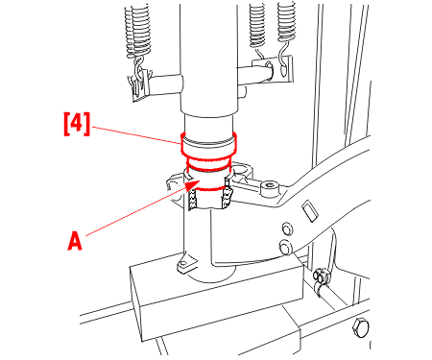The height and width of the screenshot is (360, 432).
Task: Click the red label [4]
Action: click(77, 124)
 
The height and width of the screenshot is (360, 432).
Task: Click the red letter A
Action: click(75, 241)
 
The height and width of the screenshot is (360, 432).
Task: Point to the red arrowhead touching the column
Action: click(193, 184)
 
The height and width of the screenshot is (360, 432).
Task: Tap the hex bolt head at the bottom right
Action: click(360, 327)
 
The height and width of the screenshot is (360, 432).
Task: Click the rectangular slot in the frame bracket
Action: click(310, 210)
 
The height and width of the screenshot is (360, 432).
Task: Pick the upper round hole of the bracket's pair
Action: click(287, 228)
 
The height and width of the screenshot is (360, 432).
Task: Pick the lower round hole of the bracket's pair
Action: click(285, 247)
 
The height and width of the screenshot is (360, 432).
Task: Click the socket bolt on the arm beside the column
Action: click(270, 187)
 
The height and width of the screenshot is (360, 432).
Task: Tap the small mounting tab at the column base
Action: click(184, 265)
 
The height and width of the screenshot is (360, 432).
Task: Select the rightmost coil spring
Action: click(286, 22)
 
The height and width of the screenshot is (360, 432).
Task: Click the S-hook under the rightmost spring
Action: click(282, 60)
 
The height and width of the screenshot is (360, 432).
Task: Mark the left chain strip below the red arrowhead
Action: click(193, 199)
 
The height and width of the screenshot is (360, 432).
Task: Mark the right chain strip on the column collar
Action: click(227, 198)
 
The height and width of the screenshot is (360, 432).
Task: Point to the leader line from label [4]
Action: click(135, 134)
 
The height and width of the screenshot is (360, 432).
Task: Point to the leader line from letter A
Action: click(136, 210)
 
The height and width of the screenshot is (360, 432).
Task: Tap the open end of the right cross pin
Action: click(269, 68)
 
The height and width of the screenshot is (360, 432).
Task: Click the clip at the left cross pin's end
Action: click(140, 84)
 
